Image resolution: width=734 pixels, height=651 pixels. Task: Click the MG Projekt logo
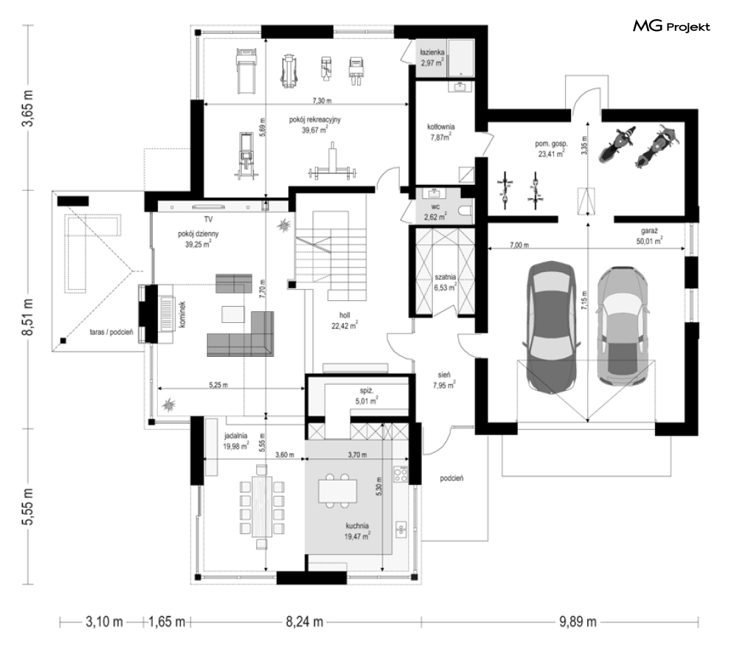pyautogui.click(x=671, y=27)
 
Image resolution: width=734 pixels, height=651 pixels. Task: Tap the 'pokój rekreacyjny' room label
pyautogui.click(x=314, y=119)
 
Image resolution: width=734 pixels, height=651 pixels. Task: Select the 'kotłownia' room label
pyautogui.click(x=440, y=127)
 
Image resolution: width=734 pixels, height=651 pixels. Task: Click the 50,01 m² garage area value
pyautogui.click(x=649, y=241)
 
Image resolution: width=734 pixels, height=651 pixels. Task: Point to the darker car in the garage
pyautogui.click(x=552, y=327)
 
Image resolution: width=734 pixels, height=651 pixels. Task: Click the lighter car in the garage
pyautogui.click(x=623, y=327)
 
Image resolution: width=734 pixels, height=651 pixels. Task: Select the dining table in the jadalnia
pyautogui.click(x=262, y=506)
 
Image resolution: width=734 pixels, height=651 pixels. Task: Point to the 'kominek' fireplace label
pyautogui.click(x=182, y=314)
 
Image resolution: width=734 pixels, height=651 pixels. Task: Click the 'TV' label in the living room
pyautogui.click(x=208, y=219)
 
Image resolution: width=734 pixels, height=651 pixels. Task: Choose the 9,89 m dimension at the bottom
pyautogui.click(x=578, y=622)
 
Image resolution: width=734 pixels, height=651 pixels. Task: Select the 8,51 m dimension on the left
pyautogui.click(x=29, y=316)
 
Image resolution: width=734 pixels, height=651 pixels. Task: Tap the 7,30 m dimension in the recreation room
pyautogui.click(x=322, y=100)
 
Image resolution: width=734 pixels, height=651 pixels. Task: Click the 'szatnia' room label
pyautogui.click(x=445, y=277)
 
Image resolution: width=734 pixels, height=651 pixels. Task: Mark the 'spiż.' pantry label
pyautogui.click(x=367, y=391)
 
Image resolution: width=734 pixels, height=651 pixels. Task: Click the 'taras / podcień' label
pyautogui.click(x=111, y=332)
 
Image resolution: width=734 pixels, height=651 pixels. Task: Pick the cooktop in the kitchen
pyautogui.click(x=401, y=475)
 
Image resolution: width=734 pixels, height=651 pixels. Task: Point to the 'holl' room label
pyautogui.click(x=345, y=316)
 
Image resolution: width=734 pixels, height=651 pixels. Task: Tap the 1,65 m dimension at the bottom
pyautogui.click(x=167, y=622)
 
